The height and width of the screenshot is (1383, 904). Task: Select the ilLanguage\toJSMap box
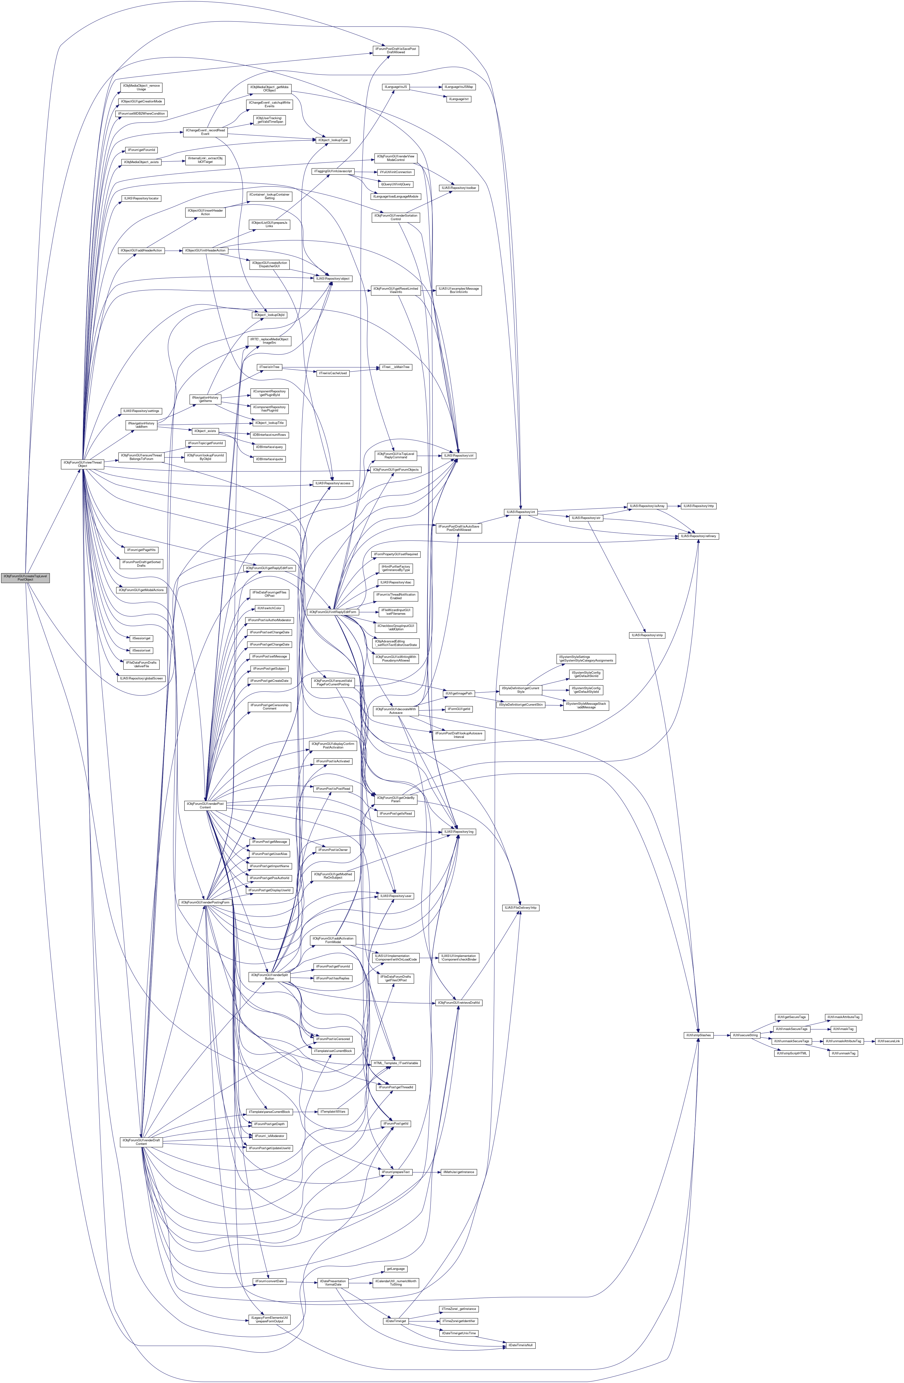(x=459, y=87)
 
